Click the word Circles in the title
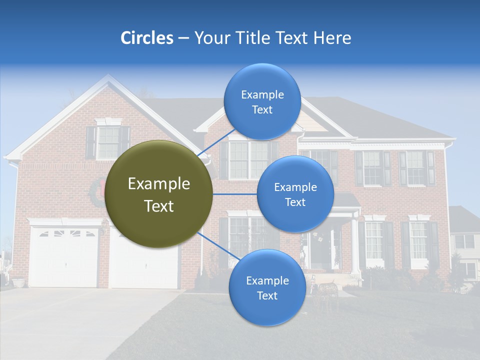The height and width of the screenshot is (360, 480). pos(146,37)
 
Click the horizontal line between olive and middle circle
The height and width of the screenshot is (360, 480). pos(235,194)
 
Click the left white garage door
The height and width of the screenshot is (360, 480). pos(63,257)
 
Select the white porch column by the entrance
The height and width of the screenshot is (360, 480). pos(354,245)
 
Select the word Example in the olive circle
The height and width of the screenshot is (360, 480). pos(159,184)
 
